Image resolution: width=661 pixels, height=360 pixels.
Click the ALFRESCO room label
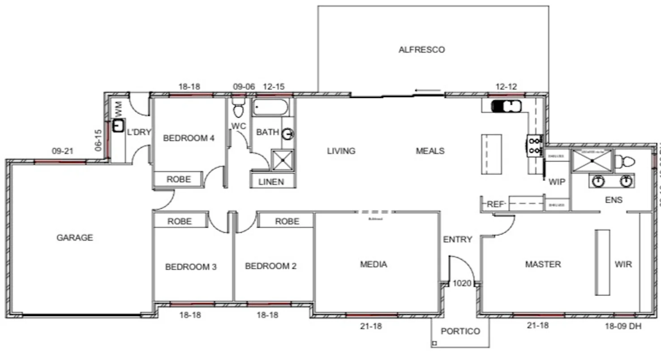[422, 50]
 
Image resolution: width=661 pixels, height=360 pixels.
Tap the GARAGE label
[75, 238]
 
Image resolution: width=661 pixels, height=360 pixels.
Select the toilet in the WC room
[238, 108]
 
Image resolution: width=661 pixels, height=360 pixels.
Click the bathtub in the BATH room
[270, 107]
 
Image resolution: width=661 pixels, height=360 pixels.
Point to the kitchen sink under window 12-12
[506, 107]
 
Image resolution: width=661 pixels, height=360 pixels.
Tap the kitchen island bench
[491, 154]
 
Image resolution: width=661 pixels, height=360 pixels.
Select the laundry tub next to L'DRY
[118, 126]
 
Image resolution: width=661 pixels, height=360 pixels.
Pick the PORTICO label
[460, 331]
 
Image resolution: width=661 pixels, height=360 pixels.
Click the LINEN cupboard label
[271, 181]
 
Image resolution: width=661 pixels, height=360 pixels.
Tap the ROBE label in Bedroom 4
[179, 180]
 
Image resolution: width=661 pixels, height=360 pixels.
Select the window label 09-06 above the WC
[244, 87]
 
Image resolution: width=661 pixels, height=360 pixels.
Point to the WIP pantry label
[557, 182]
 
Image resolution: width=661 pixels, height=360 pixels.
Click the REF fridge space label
[495, 204]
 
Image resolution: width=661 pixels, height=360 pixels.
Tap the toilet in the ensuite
[624, 161]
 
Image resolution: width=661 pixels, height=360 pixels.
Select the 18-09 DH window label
[623, 326]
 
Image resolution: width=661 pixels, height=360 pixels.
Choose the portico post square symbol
[434, 343]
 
